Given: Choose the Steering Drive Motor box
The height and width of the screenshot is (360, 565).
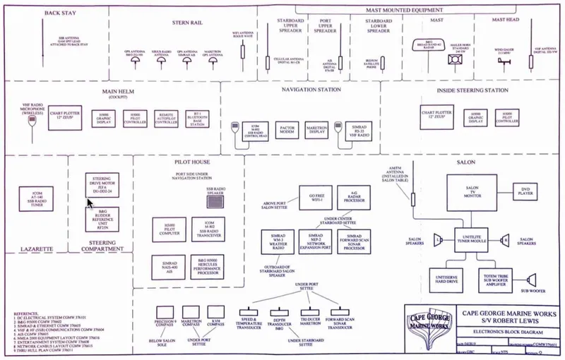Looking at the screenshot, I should pyautogui.click(x=103, y=186).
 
